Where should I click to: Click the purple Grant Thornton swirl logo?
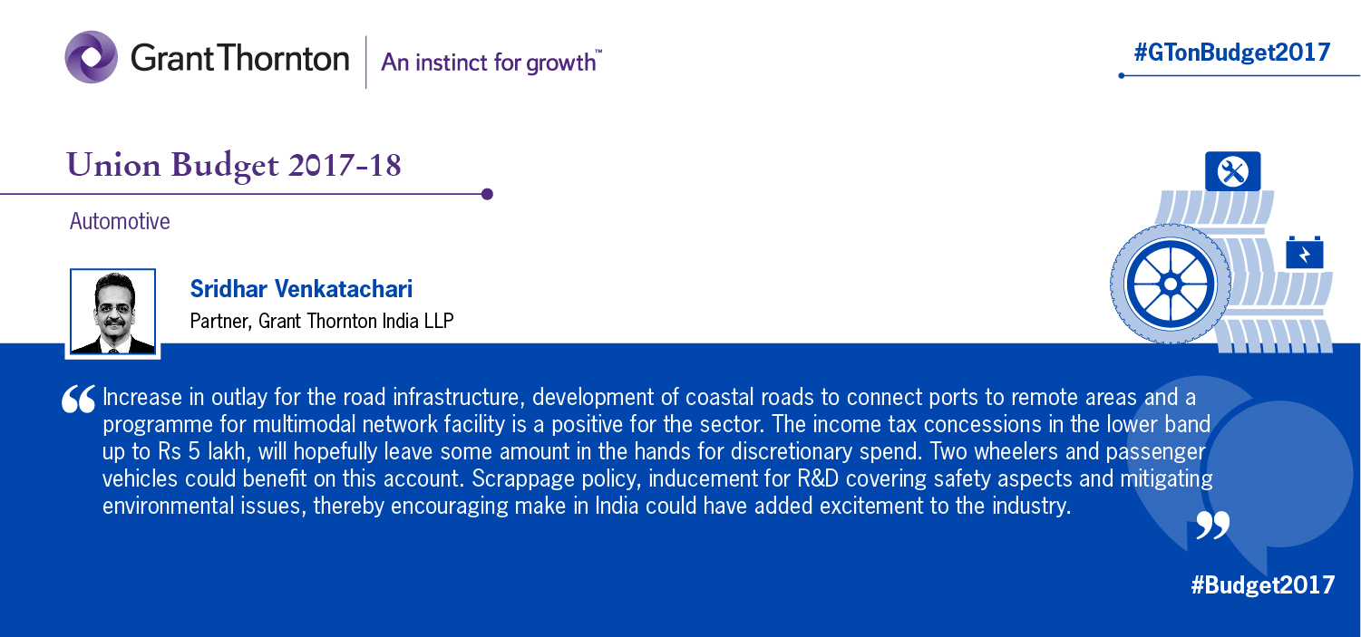[x=92, y=57]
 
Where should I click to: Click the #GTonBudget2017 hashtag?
[x=1232, y=53]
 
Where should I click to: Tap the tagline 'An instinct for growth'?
[x=491, y=63]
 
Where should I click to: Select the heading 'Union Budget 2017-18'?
[x=234, y=165]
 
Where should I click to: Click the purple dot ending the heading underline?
[x=487, y=194]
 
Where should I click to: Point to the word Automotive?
[x=120, y=221]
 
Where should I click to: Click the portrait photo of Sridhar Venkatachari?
[x=113, y=312]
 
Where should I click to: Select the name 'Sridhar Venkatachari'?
[x=301, y=288]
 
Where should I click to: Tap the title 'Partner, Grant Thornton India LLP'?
[x=322, y=321]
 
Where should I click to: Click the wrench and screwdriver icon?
[x=1233, y=171]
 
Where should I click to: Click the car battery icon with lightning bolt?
[x=1305, y=253]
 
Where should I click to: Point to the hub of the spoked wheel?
[x=1171, y=285]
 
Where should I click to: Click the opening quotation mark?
[x=78, y=399]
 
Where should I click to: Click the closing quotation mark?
[x=1212, y=525]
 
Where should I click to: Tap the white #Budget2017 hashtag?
[x=1262, y=584]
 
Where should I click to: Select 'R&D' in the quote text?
[x=818, y=478]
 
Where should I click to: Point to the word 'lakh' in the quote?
[x=227, y=452]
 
